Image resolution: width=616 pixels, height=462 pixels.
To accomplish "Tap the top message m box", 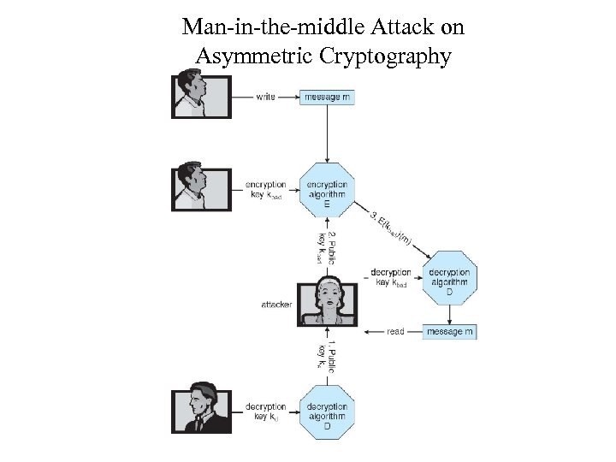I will click(x=327, y=97).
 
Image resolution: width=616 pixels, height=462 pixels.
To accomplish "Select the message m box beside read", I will click(x=449, y=331).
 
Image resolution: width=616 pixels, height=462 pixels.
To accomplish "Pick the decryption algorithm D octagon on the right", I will click(x=449, y=278).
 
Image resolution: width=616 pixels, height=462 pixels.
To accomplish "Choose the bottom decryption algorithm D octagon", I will click(x=327, y=412).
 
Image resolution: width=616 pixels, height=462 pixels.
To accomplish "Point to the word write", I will click(x=265, y=97).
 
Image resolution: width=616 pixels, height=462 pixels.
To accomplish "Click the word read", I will click(x=395, y=331).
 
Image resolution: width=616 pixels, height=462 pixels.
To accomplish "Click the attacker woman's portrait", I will click(x=327, y=303).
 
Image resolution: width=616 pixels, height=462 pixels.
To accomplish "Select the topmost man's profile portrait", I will click(x=202, y=94).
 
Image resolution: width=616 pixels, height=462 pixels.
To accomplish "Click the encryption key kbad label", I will click(x=265, y=190).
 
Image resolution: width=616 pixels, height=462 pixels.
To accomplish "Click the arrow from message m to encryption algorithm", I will click(x=327, y=133).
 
